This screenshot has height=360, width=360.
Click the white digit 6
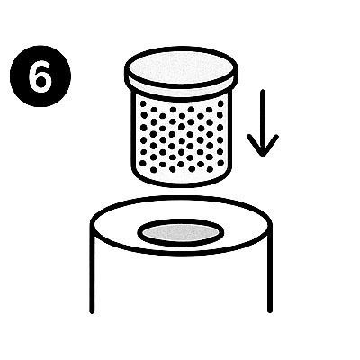40,76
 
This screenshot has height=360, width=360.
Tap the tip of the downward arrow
263,156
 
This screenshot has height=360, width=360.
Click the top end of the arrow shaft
263,91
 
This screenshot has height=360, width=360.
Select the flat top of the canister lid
182,67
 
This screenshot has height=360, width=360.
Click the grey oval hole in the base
181,233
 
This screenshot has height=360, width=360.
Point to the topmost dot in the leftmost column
143,103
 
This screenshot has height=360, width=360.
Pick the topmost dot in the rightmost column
220,103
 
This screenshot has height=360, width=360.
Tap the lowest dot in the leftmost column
143,163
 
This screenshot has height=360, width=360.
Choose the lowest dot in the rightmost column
220,163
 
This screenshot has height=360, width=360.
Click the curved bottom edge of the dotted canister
181,184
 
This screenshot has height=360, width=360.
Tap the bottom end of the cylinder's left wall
92,312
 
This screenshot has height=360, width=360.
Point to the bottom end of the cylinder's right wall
270,311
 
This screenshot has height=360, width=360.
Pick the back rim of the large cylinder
181,198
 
